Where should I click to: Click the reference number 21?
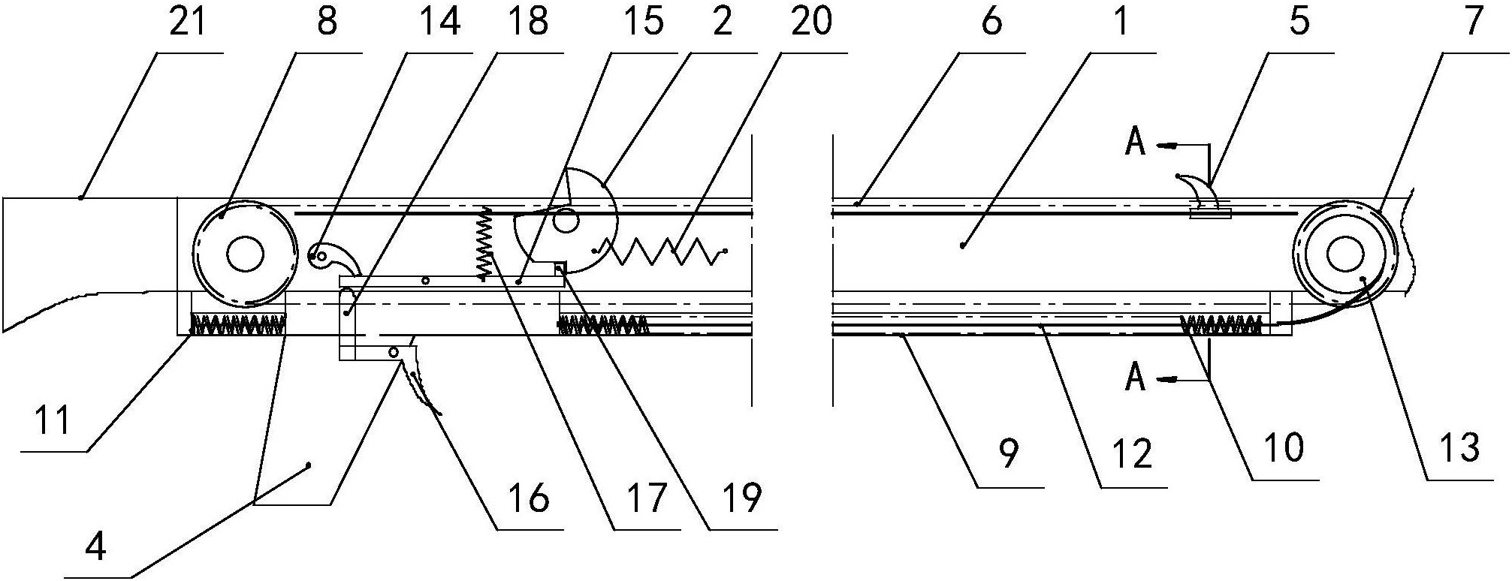point(187,21)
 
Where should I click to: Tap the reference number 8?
point(327,21)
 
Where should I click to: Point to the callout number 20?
point(811,21)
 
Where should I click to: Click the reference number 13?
point(1459,448)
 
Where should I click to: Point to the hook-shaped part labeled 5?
point(1201,194)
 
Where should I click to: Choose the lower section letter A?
point(1136,378)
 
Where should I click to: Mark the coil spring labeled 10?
point(1222,324)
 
